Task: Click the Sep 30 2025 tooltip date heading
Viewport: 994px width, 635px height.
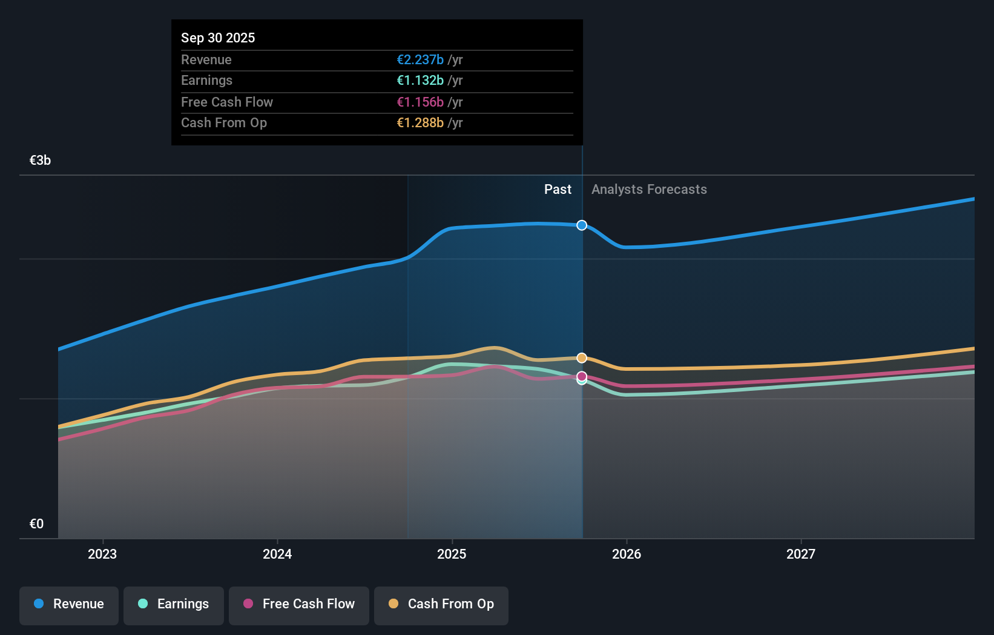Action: [218, 38]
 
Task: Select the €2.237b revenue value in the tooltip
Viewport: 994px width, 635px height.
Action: [420, 59]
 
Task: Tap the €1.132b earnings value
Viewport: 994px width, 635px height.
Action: [420, 80]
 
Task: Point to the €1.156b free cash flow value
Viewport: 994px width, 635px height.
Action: [420, 102]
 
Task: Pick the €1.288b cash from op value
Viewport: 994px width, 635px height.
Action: [420, 122]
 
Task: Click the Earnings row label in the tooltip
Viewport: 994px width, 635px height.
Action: [206, 80]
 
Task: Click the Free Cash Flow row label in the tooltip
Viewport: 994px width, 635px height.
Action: [227, 102]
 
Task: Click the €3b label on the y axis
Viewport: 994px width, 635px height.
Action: [40, 160]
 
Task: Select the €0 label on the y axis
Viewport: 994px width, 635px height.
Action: [36, 524]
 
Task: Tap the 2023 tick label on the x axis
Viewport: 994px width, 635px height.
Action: [102, 554]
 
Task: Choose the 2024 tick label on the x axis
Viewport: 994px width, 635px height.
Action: [277, 554]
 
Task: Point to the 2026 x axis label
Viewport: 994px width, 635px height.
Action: [627, 554]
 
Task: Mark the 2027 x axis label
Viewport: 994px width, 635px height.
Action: [801, 554]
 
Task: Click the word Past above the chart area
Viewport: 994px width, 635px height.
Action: [558, 189]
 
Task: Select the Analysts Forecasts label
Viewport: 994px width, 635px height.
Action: [649, 189]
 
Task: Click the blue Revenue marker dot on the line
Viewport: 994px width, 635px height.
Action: [582, 225]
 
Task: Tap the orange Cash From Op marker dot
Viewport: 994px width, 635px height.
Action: [582, 358]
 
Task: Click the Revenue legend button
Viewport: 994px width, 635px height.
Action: [69, 604]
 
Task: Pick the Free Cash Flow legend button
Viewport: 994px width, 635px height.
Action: [299, 604]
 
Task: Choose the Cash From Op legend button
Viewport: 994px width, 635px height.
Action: [441, 604]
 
